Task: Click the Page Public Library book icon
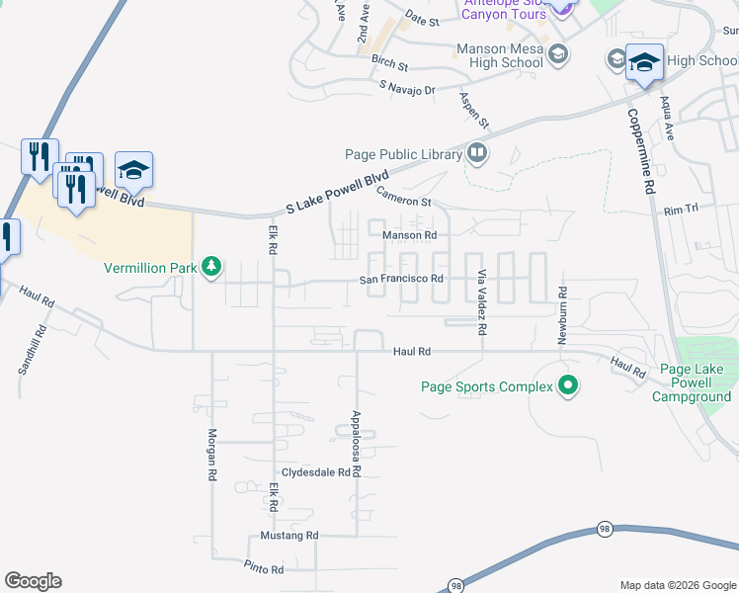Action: pyautogui.click(x=478, y=153)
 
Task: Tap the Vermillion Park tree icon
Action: pyautogui.click(x=210, y=267)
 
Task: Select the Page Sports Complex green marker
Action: pyautogui.click(x=567, y=385)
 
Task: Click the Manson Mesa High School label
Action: pyautogui.click(x=499, y=55)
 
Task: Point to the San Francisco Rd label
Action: pyautogui.click(x=400, y=280)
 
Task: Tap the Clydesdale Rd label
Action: pyautogui.click(x=316, y=472)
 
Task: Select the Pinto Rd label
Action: pyautogui.click(x=264, y=568)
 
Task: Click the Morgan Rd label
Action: pyautogui.click(x=211, y=455)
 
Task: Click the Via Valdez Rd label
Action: pyautogui.click(x=482, y=302)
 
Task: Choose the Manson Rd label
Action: pyautogui.click(x=409, y=235)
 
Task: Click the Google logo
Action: pyautogui.click(x=33, y=581)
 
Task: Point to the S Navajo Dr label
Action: pyautogui.click(x=407, y=89)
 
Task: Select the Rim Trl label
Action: pyautogui.click(x=681, y=210)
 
